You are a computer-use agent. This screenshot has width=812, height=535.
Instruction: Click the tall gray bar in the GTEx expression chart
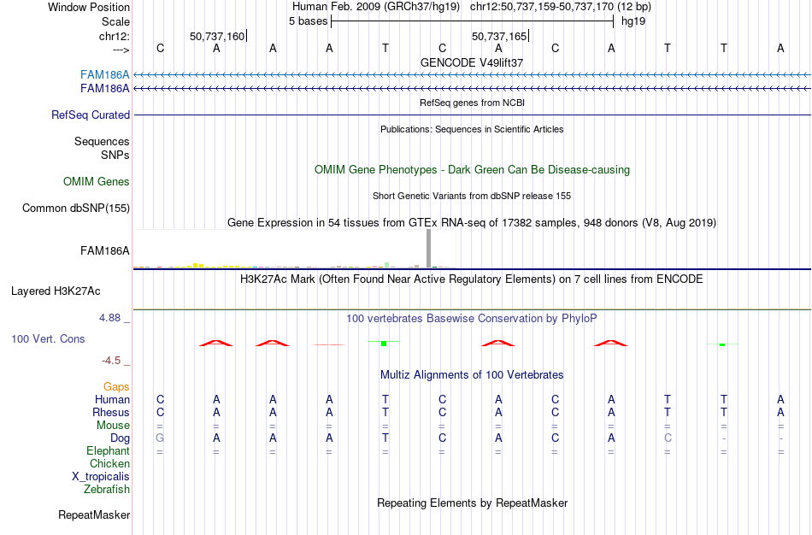point(428,249)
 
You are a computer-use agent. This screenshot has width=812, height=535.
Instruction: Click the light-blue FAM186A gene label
point(104,75)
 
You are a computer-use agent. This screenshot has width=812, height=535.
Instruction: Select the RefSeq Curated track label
point(91,115)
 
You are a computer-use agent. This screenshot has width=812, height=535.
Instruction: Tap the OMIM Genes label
point(97,182)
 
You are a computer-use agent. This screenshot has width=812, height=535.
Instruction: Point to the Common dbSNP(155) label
point(76,209)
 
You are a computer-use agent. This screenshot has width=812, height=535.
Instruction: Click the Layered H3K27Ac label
point(56,291)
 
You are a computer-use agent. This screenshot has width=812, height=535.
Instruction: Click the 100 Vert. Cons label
point(48,338)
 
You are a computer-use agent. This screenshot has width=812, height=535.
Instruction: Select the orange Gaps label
point(116,387)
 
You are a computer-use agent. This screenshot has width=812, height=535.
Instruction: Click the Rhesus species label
point(111,412)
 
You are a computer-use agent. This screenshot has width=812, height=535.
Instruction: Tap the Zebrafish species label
point(107,489)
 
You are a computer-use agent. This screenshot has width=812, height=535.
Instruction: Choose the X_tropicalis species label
point(101,477)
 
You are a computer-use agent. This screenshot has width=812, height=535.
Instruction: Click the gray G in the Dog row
point(160,438)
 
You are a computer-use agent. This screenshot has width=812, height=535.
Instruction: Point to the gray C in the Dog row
point(668,438)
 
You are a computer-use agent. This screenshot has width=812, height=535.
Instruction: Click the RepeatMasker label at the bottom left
point(94,514)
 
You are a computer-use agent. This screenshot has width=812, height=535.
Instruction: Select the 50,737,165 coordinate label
point(499,36)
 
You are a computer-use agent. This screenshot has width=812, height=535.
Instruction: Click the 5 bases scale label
point(308,21)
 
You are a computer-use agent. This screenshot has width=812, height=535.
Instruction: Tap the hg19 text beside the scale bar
point(633,21)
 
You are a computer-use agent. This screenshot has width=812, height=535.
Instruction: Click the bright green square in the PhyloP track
point(384,344)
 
